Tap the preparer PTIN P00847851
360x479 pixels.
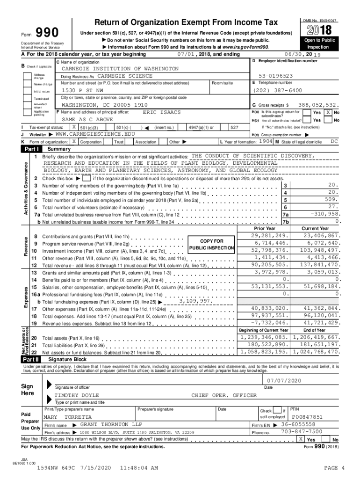[x=307, y=416]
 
